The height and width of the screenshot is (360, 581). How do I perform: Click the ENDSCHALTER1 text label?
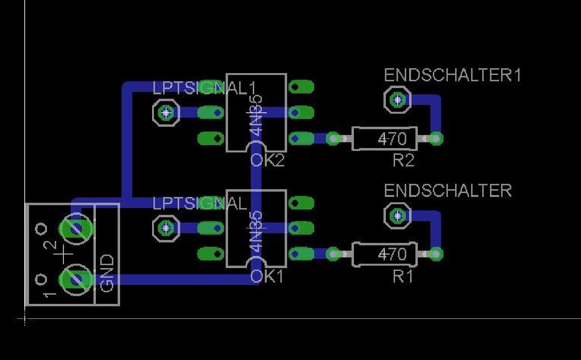[x=452, y=75]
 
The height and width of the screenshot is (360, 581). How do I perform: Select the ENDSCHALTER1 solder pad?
[x=398, y=100]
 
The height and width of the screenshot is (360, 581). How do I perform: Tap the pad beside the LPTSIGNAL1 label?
[x=166, y=113]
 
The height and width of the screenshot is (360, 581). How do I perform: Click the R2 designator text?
[x=403, y=161]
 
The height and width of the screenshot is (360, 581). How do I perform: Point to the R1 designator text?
[x=402, y=277]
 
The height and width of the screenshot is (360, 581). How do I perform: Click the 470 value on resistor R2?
[x=392, y=139]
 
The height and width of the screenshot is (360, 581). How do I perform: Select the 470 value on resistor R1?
[x=392, y=254]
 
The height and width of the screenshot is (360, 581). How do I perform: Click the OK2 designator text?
[x=267, y=161]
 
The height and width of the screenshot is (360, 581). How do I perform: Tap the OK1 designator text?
[x=267, y=277]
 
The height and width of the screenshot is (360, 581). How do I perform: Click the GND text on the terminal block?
[x=107, y=273]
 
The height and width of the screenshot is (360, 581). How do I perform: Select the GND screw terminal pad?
[x=76, y=280]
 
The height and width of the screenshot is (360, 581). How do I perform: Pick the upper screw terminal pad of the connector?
[x=76, y=228]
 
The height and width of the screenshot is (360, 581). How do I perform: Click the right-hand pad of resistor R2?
[x=436, y=139]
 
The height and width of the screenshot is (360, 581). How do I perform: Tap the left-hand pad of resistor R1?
[x=333, y=254]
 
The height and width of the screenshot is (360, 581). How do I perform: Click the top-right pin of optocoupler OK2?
[x=301, y=87]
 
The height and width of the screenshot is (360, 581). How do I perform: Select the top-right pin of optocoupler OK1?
[x=301, y=202]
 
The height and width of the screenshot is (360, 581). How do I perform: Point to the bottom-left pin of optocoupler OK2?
[x=211, y=138]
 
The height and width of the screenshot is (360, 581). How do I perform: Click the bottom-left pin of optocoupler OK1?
[x=211, y=254]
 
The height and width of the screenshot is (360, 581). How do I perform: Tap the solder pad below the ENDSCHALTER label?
[x=398, y=215]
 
